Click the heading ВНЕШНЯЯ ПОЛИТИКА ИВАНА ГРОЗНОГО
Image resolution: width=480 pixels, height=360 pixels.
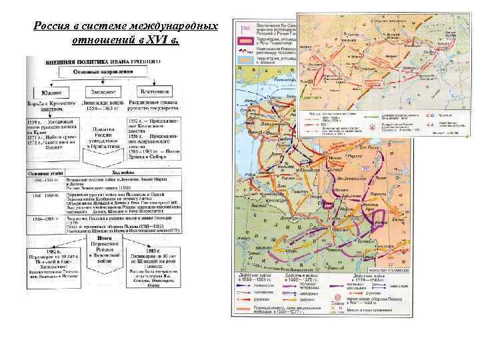(91, 61)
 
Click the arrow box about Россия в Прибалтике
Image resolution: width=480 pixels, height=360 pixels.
(101, 141)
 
